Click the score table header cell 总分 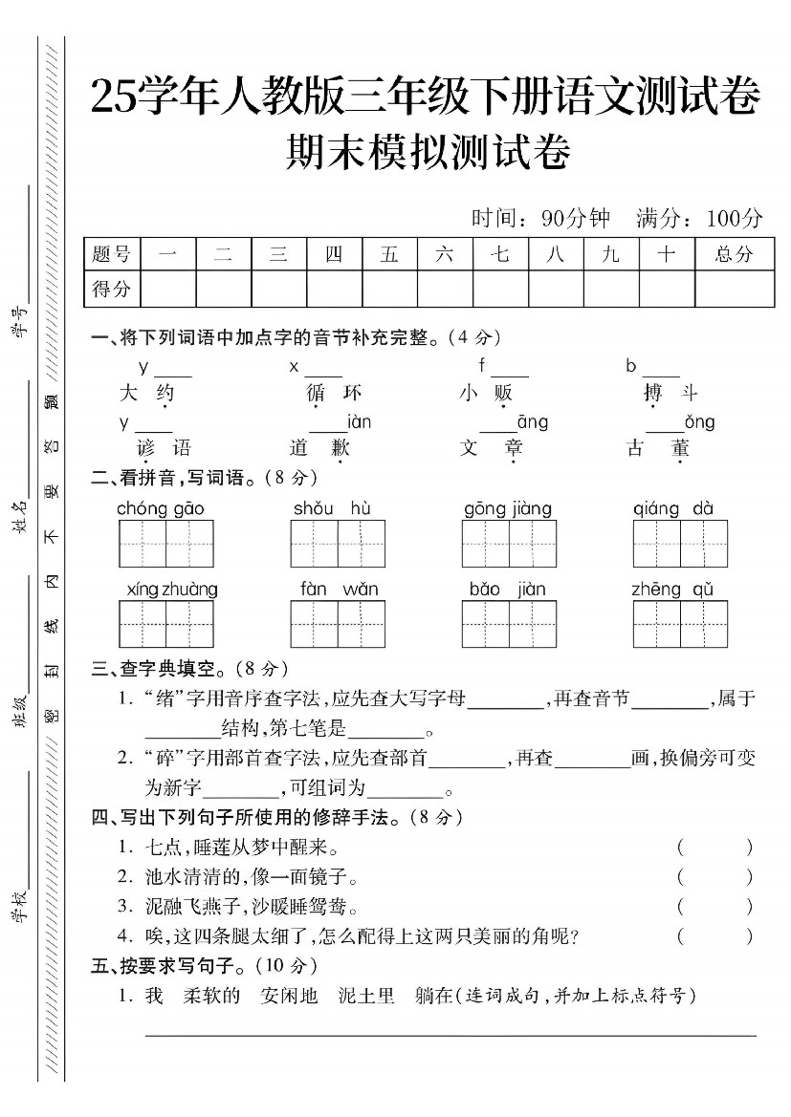pos(734,254)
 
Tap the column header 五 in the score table pos(389,254)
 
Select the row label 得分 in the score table pos(111,288)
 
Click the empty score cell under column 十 pos(667,288)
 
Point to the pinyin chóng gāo pos(161,509)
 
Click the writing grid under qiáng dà pos(680,544)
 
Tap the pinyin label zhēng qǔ pos(673,590)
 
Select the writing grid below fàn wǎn pos(338,624)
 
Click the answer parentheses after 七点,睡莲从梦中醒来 pos(714,847)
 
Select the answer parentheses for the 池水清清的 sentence pos(714,876)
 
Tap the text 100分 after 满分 pos(735,219)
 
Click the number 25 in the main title pos(114,97)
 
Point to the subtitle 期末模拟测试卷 pos(428,154)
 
